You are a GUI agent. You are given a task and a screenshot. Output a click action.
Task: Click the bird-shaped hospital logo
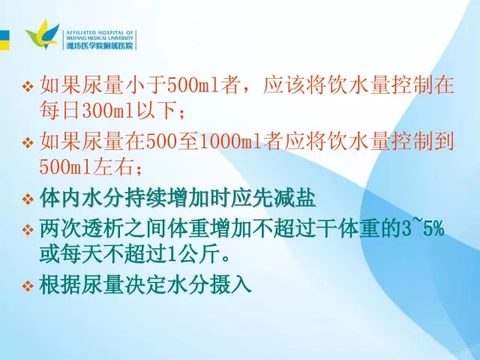coord(43,34)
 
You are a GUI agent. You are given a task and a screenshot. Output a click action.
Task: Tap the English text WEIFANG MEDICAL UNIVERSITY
coord(100,38)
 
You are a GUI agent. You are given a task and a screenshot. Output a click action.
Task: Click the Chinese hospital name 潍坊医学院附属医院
coord(100,46)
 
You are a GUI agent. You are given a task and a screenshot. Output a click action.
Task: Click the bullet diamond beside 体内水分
coord(28,199)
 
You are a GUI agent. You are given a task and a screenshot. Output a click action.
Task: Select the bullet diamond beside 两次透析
coord(28,229)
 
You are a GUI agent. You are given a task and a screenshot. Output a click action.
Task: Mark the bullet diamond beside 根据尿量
coord(28,286)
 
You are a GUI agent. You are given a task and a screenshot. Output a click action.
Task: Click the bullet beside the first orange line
coord(28,86)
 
